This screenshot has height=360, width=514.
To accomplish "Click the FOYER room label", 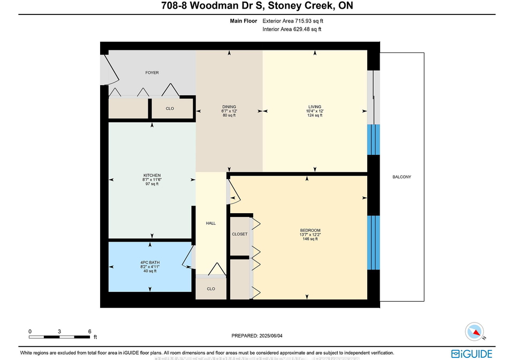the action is pyautogui.click(x=152, y=73).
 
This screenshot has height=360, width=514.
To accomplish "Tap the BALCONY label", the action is pyautogui.click(x=402, y=177).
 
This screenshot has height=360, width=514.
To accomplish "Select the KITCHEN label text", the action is pyautogui.click(x=152, y=175).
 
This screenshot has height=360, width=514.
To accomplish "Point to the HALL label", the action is pyautogui.click(x=211, y=223).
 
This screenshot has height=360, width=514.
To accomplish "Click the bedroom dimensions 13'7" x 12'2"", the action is pyautogui.click(x=310, y=235).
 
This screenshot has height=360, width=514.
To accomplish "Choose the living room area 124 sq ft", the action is pyautogui.click(x=315, y=115).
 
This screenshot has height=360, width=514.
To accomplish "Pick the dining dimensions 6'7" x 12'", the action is pyautogui.click(x=229, y=111).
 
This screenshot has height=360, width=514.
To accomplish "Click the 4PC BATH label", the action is pyautogui.click(x=150, y=262).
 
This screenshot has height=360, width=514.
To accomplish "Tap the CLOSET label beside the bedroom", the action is pyautogui.click(x=240, y=234).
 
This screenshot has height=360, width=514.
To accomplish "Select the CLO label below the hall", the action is pyautogui.click(x=211, y=289).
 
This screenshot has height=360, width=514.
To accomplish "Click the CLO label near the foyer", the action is pyautogui.click(x=170, y=109).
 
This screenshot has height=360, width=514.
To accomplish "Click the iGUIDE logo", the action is pyautogui.click(x=471, y=354).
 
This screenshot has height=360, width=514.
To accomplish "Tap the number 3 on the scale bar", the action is pyautogui.click(x=59, y=332).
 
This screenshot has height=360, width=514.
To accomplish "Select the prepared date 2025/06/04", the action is pyautogui.click(x=271, y=336).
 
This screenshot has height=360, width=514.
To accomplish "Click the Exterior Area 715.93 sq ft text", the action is pyautogui.click(x=293, y=21).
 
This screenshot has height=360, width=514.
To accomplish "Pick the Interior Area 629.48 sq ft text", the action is pyautogui.click(x=292, y=29).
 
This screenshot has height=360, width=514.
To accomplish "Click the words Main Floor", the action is pyautogui.click(x=243, y=21).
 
